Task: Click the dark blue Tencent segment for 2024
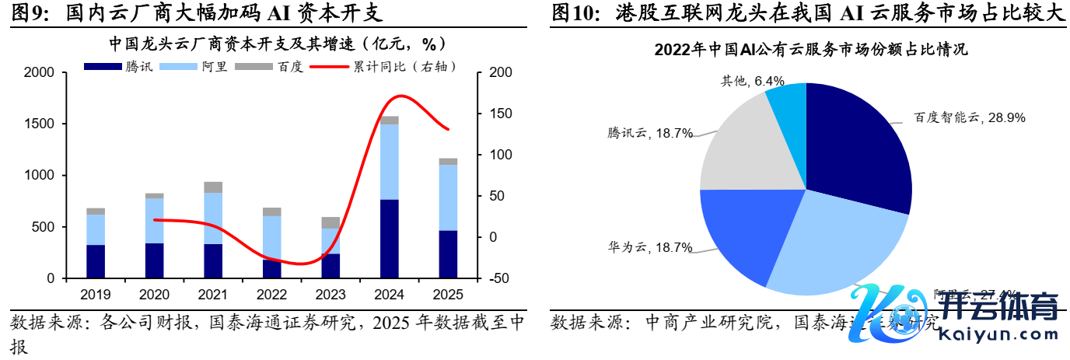point(390,239)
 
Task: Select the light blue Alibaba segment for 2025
point(448,197)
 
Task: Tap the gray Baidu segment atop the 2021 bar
point(213,187)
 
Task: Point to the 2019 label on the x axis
point(96,295)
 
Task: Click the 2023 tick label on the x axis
point(330,295)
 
